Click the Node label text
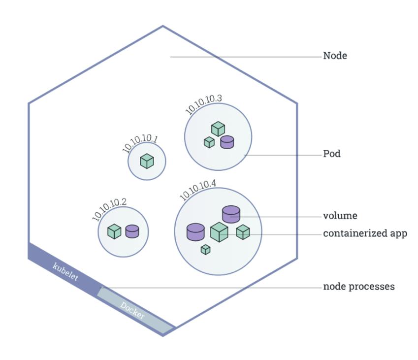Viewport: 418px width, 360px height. (335, 56)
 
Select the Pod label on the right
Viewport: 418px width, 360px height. (332, 154)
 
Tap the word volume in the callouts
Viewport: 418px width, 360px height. (340, 216)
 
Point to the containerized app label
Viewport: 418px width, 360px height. (365, 233)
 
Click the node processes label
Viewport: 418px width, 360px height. (358, 286)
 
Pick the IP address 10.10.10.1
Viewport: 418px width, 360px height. (140, 143)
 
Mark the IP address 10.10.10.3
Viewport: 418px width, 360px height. (203, 104)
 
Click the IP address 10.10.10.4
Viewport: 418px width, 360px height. (197, 190)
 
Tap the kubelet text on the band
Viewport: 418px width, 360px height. (65, 272)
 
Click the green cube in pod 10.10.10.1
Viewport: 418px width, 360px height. (147, 161)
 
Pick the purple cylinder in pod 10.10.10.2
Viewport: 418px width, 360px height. (132, 231)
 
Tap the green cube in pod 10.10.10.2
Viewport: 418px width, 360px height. (114, 231)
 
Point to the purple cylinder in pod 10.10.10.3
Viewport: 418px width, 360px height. (227, 142)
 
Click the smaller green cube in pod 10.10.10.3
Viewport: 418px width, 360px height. (209, 142)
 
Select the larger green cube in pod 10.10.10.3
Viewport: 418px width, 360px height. (218, 129)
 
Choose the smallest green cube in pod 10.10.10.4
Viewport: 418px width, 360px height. (205, 250)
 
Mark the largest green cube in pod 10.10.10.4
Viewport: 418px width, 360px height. (219, 232)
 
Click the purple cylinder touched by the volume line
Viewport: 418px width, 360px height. (231, 214)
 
